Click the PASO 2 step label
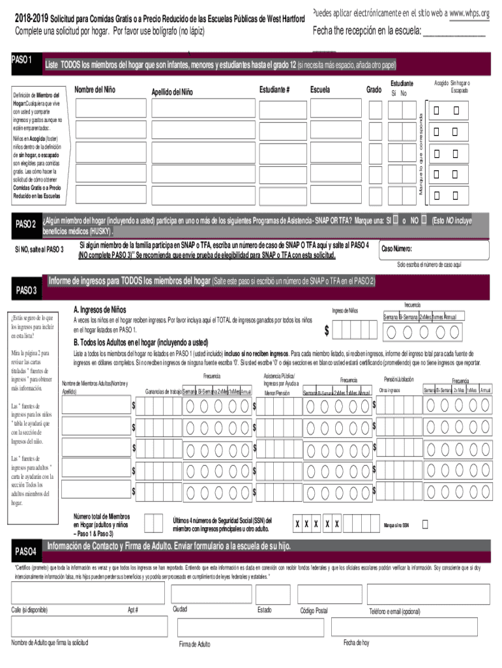[25, 224]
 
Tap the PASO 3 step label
[26, 290]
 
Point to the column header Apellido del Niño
[172, 92]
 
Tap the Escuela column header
[320, 89]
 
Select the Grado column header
[374, 89]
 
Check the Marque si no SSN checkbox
[425, 524]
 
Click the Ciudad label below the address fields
[180, 609]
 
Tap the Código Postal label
[314, 611]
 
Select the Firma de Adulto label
[194, 644]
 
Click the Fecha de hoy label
[356, 643]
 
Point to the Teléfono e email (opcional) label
[394, 611]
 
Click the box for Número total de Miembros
[153, 523]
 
